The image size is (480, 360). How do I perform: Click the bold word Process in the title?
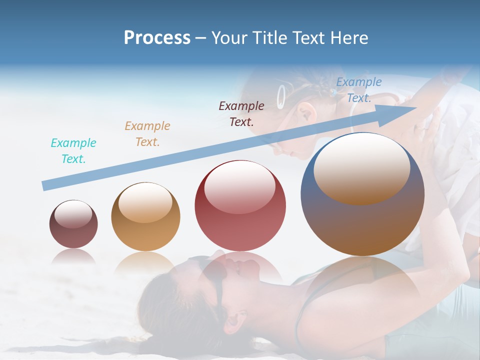point(157,38)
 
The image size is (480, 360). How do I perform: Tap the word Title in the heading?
point(269,38)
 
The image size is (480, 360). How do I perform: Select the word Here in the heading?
point(349,38)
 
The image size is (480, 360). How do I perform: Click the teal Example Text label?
point(73,151)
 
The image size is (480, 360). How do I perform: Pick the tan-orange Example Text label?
point(147,134)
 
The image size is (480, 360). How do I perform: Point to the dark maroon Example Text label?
point(241,113)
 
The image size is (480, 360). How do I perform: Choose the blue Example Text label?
point(358,90)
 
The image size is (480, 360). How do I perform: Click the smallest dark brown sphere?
point(73,224)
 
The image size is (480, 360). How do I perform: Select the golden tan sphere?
point(145,216)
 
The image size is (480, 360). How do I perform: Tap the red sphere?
point(240,206)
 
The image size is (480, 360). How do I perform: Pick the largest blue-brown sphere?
point(362,194)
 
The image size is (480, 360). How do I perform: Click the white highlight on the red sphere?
point(240,186)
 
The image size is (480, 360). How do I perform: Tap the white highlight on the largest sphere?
point(361,167)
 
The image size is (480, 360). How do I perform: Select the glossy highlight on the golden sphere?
point(145,201)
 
